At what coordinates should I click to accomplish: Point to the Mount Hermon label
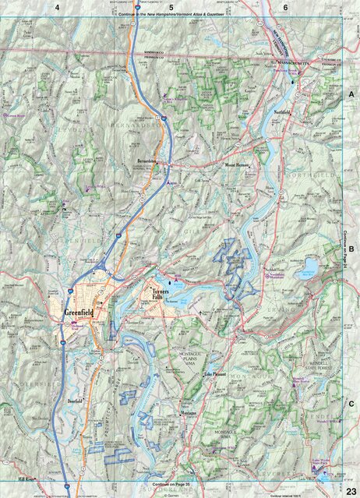click(237, 166)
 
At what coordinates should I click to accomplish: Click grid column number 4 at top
click(57, 7)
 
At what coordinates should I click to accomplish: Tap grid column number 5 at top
click(170, 7)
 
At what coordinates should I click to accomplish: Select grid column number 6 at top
click(285, 7)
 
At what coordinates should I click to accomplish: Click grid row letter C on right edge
click(351, 403)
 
